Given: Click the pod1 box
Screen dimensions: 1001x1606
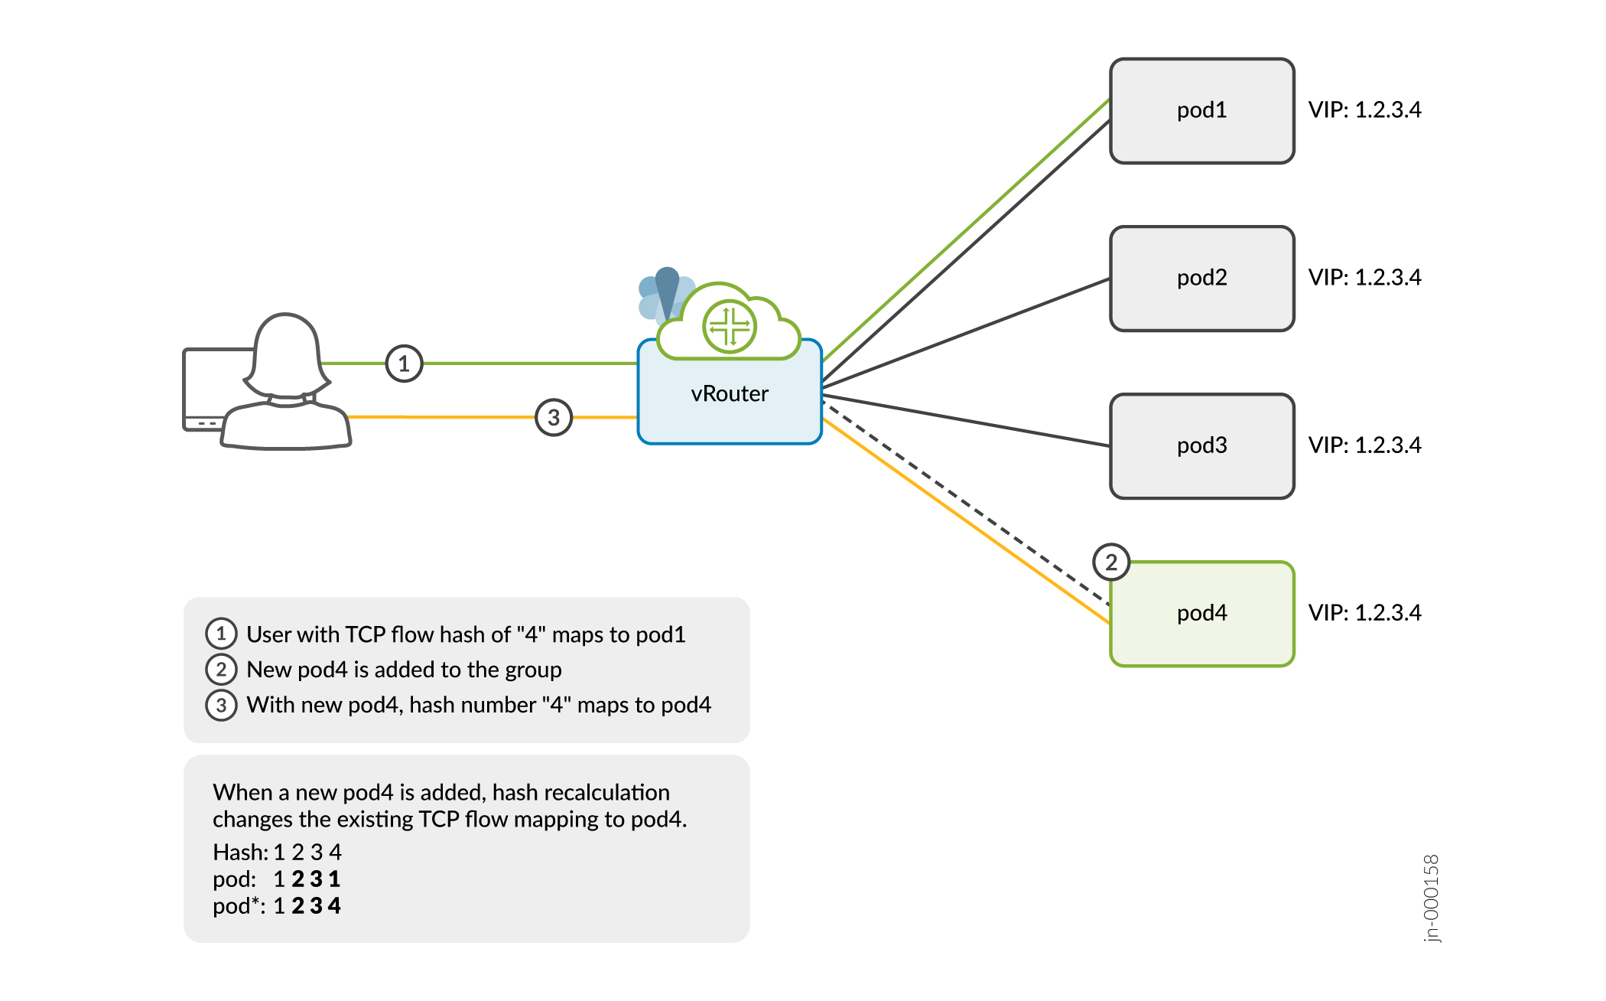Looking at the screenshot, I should point(1201,111).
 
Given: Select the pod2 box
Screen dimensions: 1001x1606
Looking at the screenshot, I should point(1201,279).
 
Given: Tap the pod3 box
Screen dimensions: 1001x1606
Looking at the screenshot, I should point(1201,446).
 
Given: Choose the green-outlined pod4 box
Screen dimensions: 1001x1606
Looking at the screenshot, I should point(1201,614).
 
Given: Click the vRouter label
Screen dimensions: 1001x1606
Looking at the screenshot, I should point(730,394).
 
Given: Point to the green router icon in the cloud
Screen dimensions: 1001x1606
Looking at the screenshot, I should point(730,327).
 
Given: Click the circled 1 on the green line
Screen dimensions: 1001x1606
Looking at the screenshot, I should point(404,364).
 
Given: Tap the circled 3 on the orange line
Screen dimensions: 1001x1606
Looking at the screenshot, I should point(554,417).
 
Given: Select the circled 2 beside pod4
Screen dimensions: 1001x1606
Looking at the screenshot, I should point(1110,562).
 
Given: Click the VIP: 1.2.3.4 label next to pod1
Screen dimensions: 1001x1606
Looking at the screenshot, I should point(1364,110).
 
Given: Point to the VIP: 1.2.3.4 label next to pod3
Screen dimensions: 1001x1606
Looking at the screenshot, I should point(1364,445).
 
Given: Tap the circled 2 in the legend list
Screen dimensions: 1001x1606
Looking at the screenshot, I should point(221,670).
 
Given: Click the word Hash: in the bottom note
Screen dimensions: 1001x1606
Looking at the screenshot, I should point(240,853).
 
